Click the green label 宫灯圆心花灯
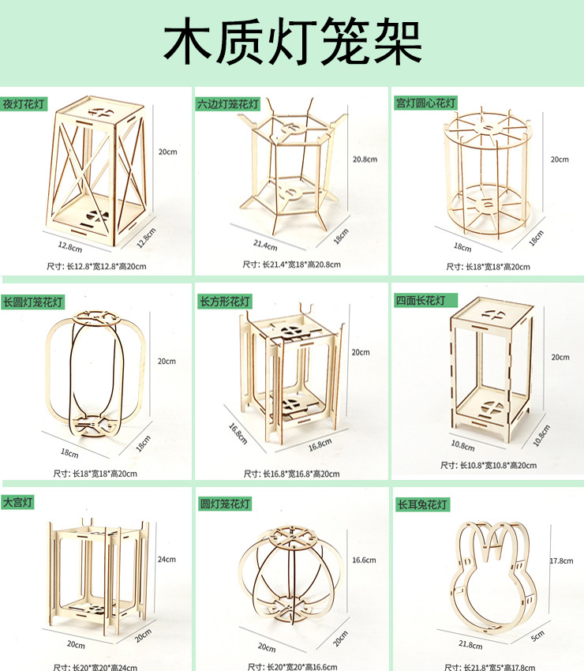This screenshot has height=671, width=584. click(425, 103)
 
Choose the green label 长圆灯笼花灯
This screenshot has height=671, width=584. click(32, 302)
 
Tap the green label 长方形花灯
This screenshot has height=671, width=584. click(224, 302)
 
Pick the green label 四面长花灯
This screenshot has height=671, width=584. click(422, 301)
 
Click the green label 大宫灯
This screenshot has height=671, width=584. click(18, 501)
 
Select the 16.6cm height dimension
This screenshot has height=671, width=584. click(364, 560)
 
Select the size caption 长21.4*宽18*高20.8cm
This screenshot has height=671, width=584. click(291, 264)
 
